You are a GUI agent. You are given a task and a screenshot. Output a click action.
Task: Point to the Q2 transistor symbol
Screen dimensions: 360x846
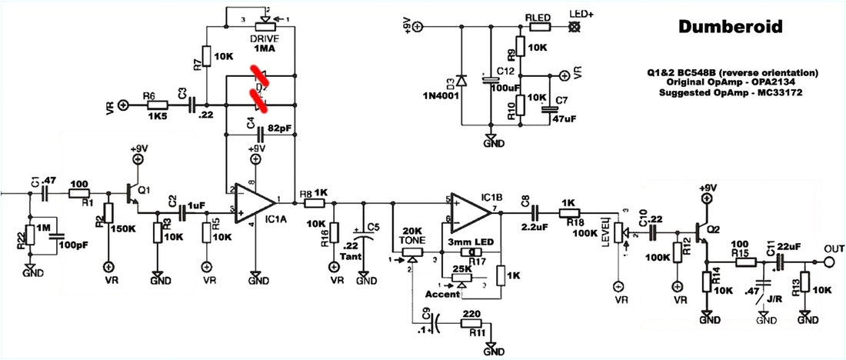click(x=703, y=228)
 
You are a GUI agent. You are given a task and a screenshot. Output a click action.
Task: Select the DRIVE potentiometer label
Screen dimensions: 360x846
click(x=264, y=38)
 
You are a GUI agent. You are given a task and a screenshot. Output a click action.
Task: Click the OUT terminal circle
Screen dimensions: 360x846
click(x=829, y=262)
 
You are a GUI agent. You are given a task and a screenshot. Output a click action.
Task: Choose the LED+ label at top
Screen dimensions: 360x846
click(x=579, y=14)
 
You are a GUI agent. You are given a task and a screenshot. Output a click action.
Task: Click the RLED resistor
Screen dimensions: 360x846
click(x=538, y=27)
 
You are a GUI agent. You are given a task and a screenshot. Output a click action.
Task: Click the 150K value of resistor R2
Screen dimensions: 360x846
click(x=124, y=229)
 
